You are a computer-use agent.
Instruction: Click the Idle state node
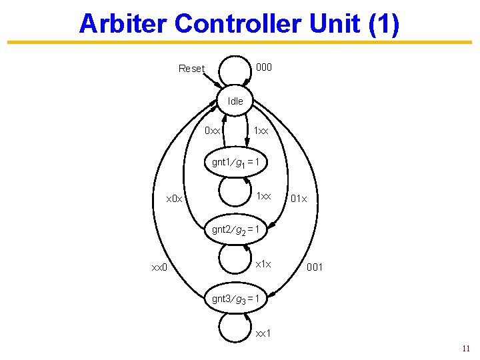coord(235,101)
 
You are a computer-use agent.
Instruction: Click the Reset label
coord(191,68)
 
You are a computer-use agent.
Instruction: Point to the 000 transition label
coord(264,67)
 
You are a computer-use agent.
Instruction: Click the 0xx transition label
coord(213,131)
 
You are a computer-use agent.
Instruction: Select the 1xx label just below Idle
coord(261,131)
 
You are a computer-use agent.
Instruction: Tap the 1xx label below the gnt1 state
coord(264,197)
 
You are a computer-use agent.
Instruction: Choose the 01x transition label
coord(298,199)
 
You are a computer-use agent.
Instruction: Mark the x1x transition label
coord(264,265)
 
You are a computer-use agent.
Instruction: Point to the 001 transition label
coord(315,267)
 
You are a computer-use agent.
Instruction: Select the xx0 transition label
coord(158,267)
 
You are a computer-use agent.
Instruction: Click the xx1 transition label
coord(263,333)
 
